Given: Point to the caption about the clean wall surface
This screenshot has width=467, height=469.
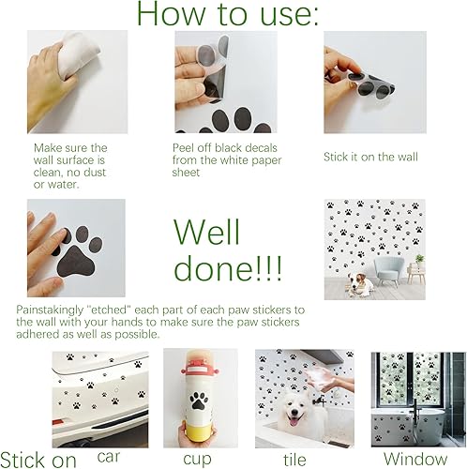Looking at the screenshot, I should pyautogui.click(x=71, y=165).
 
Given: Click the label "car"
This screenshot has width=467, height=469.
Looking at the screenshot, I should pyautogui.click(x=111, y=458).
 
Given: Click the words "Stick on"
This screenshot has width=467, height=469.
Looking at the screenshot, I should pyautogui.click(x=39, y=460).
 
